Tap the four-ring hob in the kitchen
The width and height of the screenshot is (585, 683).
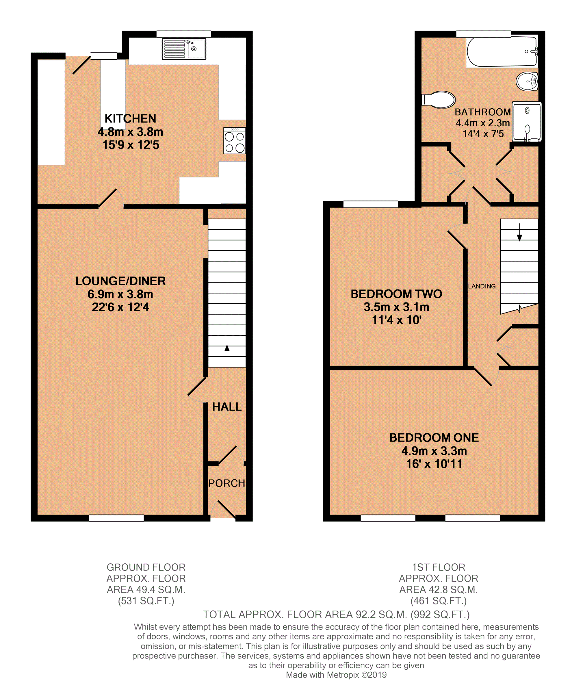click(x=234, y=141)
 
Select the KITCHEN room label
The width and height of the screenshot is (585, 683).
click(x=130, y=118)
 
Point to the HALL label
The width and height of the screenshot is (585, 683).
click(x=226, y=407)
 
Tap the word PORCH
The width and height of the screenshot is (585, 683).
click(x=226, y=483)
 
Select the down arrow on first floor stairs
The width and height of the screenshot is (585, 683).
click(x=519, y=232)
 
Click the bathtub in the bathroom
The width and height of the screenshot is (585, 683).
click(x=501, y=52)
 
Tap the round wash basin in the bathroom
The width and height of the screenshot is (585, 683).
click(x=527, y=81)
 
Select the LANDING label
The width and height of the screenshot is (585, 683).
click(x=482, y=286)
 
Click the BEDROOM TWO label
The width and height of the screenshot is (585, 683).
click(x=396, y=294)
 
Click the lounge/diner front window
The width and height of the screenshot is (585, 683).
click(x=117, y=518)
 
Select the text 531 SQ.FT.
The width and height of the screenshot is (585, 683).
click(x=146, y=601)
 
